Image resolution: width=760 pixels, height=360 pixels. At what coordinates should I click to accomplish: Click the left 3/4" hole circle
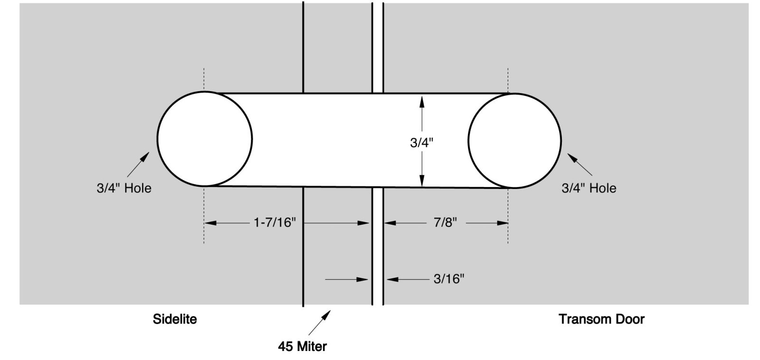click(x=157, y=138)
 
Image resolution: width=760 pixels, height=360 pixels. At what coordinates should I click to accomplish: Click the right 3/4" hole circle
click(x=468, y=141)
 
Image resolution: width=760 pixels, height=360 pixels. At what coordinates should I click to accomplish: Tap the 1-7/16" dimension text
click(x=275, y=223)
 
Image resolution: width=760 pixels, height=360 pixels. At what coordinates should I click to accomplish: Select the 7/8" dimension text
click(x=445, y=223)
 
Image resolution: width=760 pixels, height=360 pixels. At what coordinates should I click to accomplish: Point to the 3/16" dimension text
click(x=448, y=279)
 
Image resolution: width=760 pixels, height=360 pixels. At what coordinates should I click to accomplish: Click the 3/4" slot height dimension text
click(x=422, y=143)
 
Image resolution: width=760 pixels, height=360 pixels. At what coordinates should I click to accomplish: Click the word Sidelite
click(x=175, y=319)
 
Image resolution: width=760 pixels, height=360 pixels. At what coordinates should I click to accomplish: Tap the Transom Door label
click(x=601, y=319)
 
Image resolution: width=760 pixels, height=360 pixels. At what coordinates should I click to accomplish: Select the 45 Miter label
click(x=302, y=346)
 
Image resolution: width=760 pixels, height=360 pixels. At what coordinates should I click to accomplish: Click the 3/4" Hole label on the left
click(x=124, y=188)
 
